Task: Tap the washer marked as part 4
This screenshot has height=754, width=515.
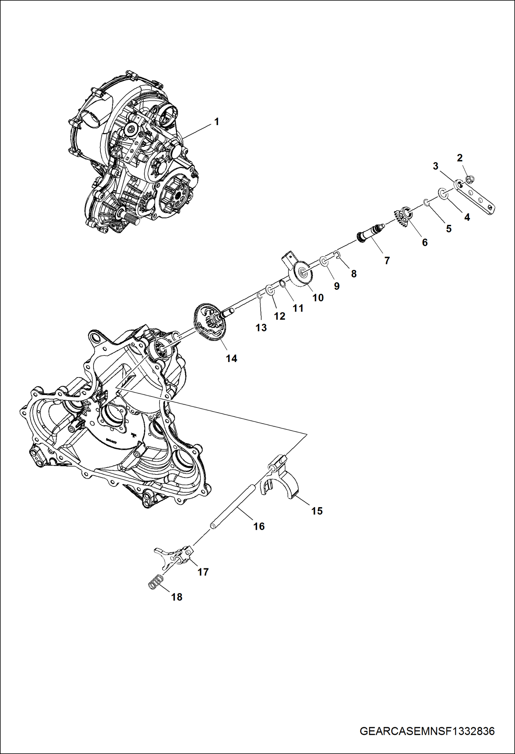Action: tap(443, 194)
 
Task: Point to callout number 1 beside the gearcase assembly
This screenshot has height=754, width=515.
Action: tap(216, 122)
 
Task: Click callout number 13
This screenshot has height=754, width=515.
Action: tap(261, 328)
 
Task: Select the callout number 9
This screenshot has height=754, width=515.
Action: tap(337, 286)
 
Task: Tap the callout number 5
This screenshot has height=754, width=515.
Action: tap(448, 229)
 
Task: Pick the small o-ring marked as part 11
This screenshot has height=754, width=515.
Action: tap(282, 283)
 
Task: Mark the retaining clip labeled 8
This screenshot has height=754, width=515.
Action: tap(337, 254)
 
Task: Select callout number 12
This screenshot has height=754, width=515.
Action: tap(280, 316)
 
